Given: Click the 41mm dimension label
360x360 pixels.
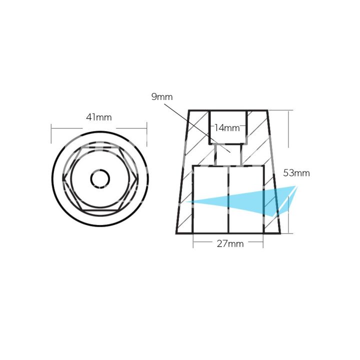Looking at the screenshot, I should click(x=98, y=117).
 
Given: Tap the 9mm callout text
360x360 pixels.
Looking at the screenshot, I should click(x=161, y=96).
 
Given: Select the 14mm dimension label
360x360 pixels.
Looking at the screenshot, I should click(x=227, y=127).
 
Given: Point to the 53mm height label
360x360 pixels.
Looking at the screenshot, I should click(x=296, y=173).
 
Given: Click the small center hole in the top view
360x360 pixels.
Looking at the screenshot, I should click(x=99, y=178).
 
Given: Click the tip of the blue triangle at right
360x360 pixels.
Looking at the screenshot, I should click(x=297, y=186).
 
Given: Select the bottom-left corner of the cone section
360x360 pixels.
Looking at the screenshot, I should click(x=176, y=233).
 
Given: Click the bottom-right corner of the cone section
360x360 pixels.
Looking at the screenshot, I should click(x=280, y=233).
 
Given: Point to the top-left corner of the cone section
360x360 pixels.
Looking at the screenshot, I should click(x=189, y=110).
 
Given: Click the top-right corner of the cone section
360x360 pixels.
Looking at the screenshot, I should click(x=268, y=110).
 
